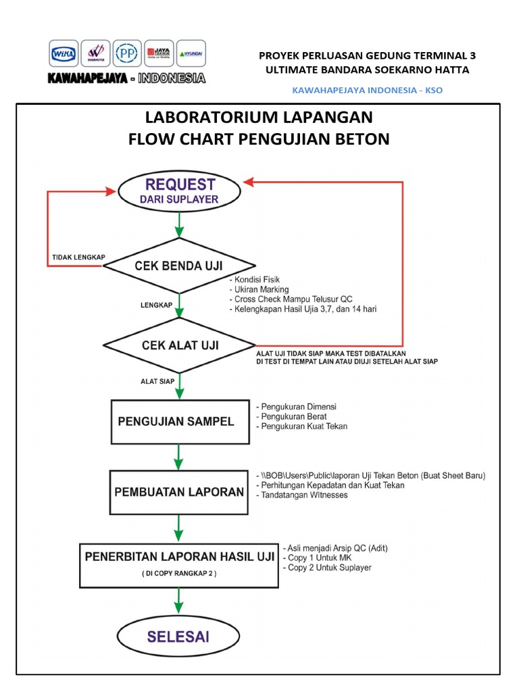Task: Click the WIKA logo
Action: click(x=64, y=54)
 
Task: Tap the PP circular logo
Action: click(x=126, y=54)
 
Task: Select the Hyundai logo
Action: click(x=190, y=53)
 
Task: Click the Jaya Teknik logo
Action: click(x=158, y=53)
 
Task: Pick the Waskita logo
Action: click(x=95, y=54)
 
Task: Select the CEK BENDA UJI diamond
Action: click(x=178, y=266)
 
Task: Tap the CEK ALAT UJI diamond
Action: click(x=180, y=345)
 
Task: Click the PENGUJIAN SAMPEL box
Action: click(x=176, y=422)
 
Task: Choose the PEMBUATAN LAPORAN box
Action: click(x=177, y=491)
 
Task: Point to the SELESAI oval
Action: click(x=179, y=637)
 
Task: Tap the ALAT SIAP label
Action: click(x=157, y=381)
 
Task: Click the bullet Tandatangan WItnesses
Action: click(x=303, y=495)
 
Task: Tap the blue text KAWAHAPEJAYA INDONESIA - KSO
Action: click(x=367, y=90)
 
